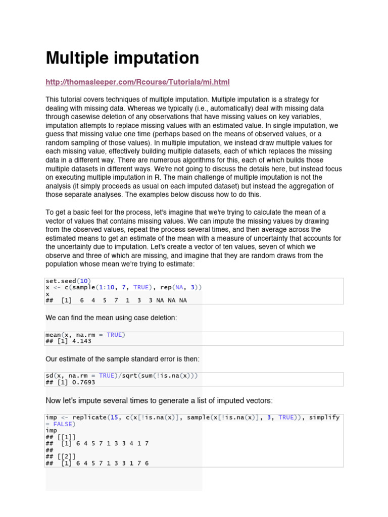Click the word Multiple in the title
coord(75,59)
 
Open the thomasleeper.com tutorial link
coord(137,82)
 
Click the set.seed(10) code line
coord(68,281)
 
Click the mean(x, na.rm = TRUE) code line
coord(85,335)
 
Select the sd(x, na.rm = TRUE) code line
coord(121,376)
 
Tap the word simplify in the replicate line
coord(324,418)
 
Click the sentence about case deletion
coord(112,318)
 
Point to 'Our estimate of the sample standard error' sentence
coord(123,358)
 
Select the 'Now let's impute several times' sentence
coord(159,400)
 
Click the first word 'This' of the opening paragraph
coord(53,100)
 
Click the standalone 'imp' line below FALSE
coord(51,431)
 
